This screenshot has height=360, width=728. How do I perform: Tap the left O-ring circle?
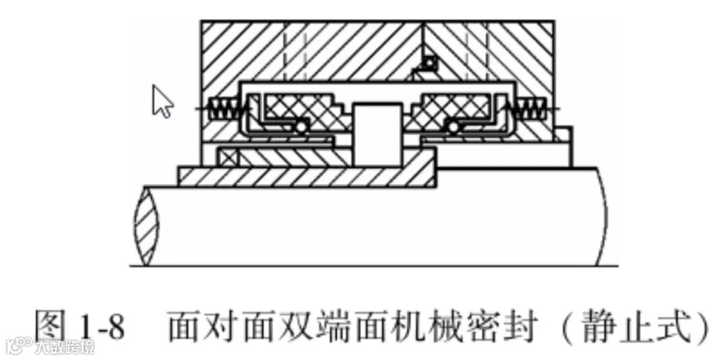pos(301,127)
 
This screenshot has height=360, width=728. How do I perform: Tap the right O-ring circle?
pos(454,127)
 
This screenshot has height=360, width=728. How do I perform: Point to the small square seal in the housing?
pos(428,64)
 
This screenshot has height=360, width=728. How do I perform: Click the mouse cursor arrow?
pos(162,102)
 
